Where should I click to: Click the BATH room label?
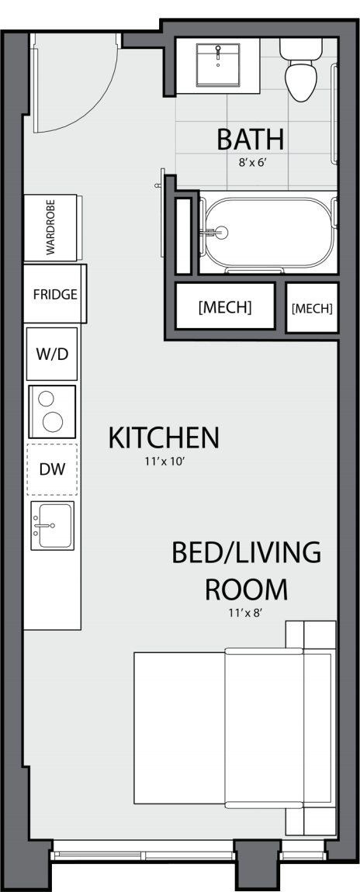point(250,140)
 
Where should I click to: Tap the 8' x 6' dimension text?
point(252,162)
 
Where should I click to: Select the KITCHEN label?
point(164,438)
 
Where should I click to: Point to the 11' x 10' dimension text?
point(165,462)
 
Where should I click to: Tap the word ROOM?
point(246,589)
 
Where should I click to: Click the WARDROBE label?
point(50,227)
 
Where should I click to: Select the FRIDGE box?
point(54,294)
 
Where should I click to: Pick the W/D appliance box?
point(52,354)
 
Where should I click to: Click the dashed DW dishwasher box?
point(52,469)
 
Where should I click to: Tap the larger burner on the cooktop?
point(53,421)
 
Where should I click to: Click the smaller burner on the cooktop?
point(46,399)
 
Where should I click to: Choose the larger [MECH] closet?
point(225,306)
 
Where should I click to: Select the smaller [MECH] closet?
point(312,308)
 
